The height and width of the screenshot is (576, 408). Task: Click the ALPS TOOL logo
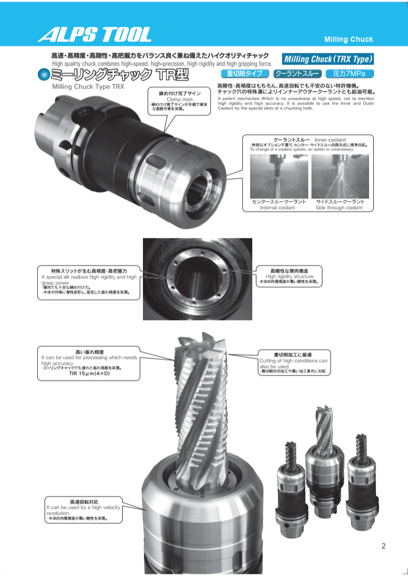point(94,35)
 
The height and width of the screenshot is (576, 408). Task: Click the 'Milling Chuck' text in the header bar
point(349,39)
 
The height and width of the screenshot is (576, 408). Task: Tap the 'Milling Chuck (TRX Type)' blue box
point(328,59)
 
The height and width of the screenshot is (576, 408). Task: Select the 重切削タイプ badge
point(245,74)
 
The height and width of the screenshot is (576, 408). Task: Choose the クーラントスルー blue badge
point(297,74)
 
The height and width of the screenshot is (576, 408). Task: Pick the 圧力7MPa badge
point(349,74)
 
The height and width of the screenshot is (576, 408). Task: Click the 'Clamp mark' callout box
point(180,101)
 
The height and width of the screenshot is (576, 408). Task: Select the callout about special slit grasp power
point(89,282)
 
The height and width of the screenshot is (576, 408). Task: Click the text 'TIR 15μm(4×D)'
point(89,374)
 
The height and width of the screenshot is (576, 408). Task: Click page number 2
point(383,546)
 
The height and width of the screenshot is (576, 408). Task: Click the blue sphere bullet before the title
point(43,75)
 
